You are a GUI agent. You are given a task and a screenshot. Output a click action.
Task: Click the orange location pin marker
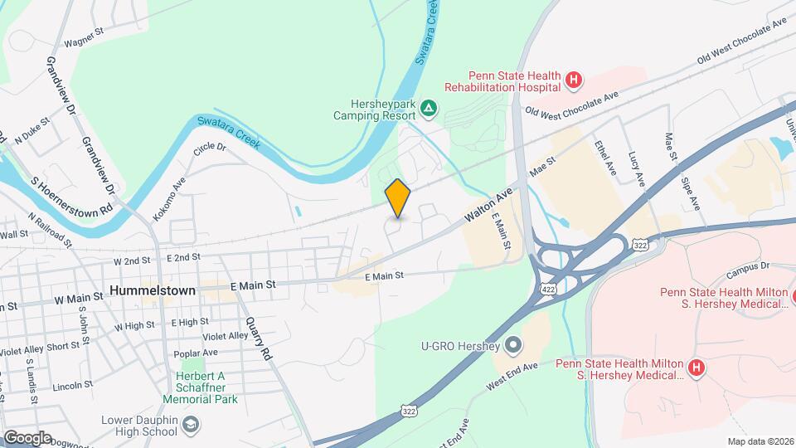coord(398,198)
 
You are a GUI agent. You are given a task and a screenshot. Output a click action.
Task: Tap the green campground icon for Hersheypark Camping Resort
coord(428,107)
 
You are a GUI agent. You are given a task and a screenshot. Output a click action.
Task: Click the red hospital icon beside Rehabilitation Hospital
coord(573,80)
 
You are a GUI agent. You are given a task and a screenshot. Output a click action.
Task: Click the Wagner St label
coord(83,39)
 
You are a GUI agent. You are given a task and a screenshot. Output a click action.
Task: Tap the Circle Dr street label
coord(210,149)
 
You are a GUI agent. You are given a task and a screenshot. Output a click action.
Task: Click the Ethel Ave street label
coord(605,156)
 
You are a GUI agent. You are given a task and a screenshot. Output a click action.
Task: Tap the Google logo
coord(27,438)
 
